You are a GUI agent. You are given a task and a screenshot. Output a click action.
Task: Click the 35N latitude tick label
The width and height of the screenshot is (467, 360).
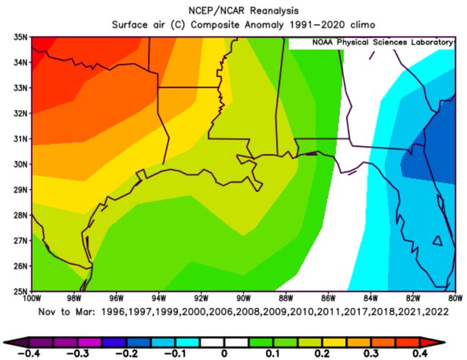coord(20,37)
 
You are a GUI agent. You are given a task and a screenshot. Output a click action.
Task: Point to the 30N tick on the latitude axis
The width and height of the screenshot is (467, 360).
coord(20,164)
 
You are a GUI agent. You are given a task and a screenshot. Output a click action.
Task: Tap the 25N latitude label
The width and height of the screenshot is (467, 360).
coord(20,291)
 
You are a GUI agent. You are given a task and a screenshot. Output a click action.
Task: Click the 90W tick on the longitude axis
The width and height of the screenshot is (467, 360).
coord(242,299)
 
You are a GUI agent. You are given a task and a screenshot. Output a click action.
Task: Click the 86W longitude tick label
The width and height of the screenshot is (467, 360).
coord(328,299)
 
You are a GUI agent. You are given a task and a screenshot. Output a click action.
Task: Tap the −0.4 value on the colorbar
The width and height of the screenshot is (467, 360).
coord(30,353)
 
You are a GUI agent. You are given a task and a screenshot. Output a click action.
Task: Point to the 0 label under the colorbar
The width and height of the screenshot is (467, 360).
coord(225,353)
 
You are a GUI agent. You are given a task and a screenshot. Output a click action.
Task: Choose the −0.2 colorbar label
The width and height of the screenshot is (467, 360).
coord(127,353)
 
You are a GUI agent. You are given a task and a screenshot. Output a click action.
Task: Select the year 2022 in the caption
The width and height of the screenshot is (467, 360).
coord(436,311)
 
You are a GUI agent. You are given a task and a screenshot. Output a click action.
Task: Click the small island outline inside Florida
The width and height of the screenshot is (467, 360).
coord(436,240)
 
